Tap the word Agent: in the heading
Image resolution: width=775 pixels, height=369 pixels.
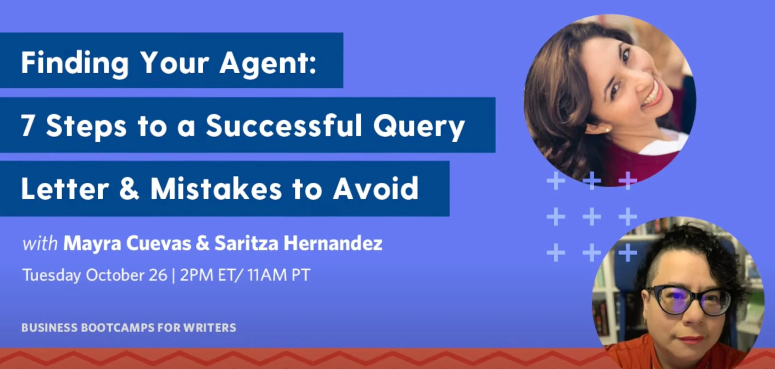[268, 63]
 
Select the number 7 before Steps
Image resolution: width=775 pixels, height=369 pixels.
[27, 126]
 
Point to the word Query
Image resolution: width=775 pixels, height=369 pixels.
[419, 126]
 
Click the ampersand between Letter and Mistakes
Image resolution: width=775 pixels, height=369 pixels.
[129, 189]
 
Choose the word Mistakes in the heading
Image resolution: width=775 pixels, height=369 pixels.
[215, 189]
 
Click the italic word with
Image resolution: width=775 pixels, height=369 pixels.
[40, 244]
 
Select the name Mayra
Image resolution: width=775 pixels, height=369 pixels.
[92, 244]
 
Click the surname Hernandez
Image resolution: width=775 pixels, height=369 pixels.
[333, 243]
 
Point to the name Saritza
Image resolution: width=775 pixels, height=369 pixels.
[246, 243]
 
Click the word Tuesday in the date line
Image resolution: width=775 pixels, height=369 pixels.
[51, 276]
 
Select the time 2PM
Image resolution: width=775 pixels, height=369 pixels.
[196, 275]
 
